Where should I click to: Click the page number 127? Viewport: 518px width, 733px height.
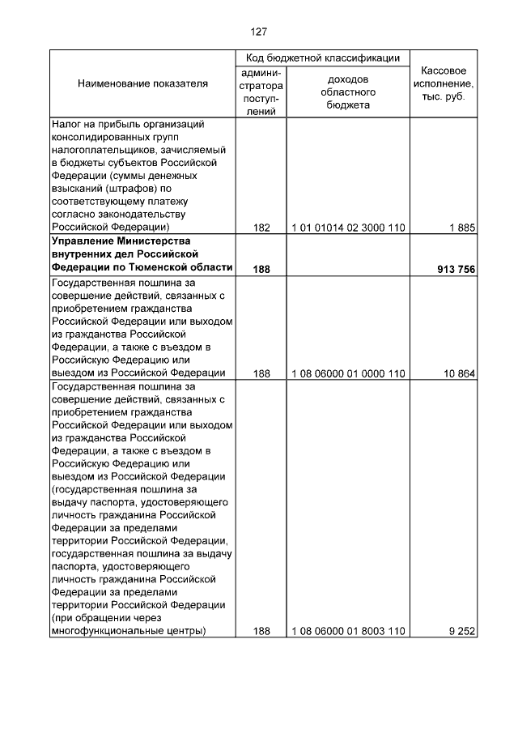pyautogui.click(x=259, y=32)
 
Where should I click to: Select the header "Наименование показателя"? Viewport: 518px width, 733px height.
pyautogui.click(x=142, y=83)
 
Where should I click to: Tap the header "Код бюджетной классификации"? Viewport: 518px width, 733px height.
pyautogui.click(x=323, y=58)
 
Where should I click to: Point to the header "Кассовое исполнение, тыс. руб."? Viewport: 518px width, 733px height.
pyautogui.click(x=444, y=83)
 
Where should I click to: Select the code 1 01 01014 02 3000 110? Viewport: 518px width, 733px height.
pyautogui.click(x=348, y=228)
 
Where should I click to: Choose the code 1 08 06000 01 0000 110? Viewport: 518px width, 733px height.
pyautogui.click(x=348, y=373)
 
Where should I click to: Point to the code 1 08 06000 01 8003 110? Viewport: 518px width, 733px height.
pyautogui.click(x=348, y=631)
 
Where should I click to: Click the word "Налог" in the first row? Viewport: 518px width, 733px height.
pyautogui.click(x=66, y=125)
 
